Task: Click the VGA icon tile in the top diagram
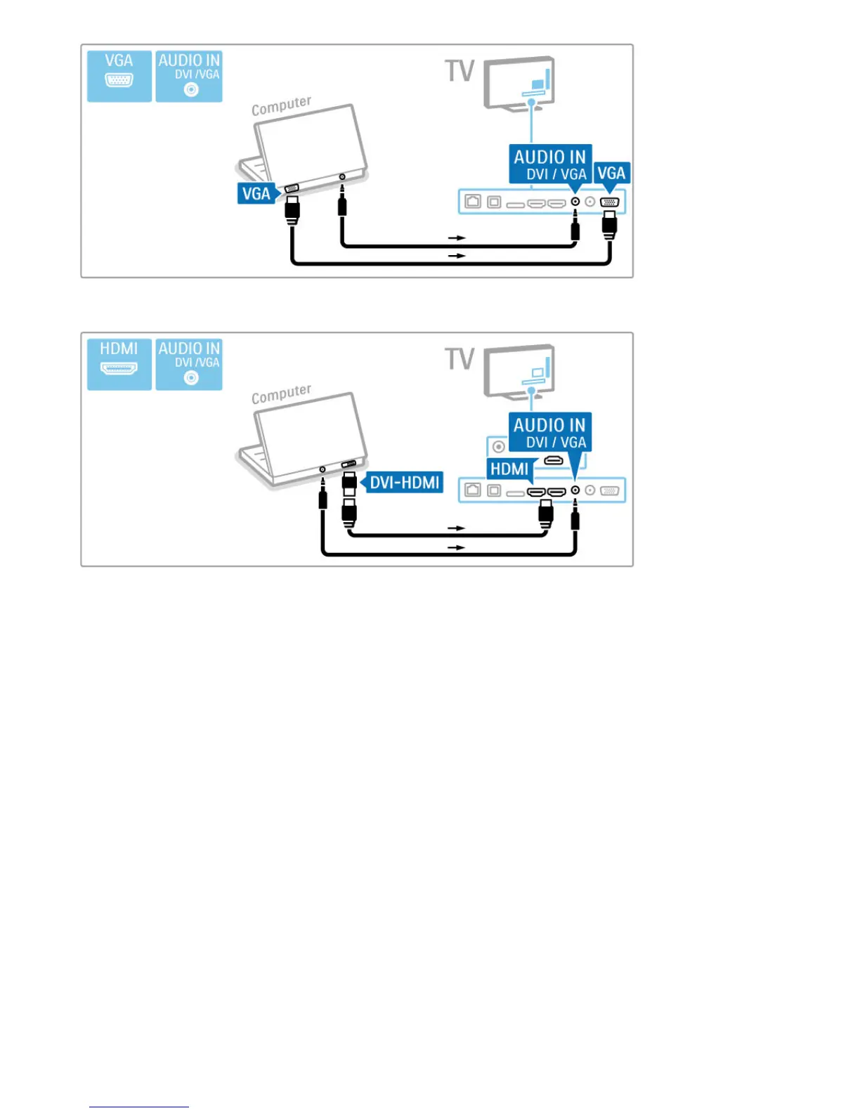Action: pos(119,76)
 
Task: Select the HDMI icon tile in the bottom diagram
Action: pos(119,364)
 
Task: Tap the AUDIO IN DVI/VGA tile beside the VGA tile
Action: pos(189,76)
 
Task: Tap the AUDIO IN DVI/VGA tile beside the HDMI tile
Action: pos(189,364)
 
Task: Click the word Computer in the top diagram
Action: pos(281,106)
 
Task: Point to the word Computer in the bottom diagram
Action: pos(281,394)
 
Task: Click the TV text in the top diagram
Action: pos(460,71)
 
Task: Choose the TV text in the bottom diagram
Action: pos(460,359)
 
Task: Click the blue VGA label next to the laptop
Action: pos(256,193)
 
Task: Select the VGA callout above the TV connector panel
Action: pos(611,174)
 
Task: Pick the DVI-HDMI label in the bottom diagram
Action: pos(404,482)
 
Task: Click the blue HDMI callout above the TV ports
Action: pos(509,469)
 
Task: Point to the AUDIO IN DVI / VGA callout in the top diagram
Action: pos(549,164)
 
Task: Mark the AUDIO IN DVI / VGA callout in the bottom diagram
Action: pos(549,432)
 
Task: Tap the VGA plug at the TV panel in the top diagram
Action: pos(609,224)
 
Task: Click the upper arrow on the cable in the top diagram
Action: pos(457,238)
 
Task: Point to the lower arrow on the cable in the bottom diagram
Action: pos(457,547)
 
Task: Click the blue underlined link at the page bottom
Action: pos(139,1106)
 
